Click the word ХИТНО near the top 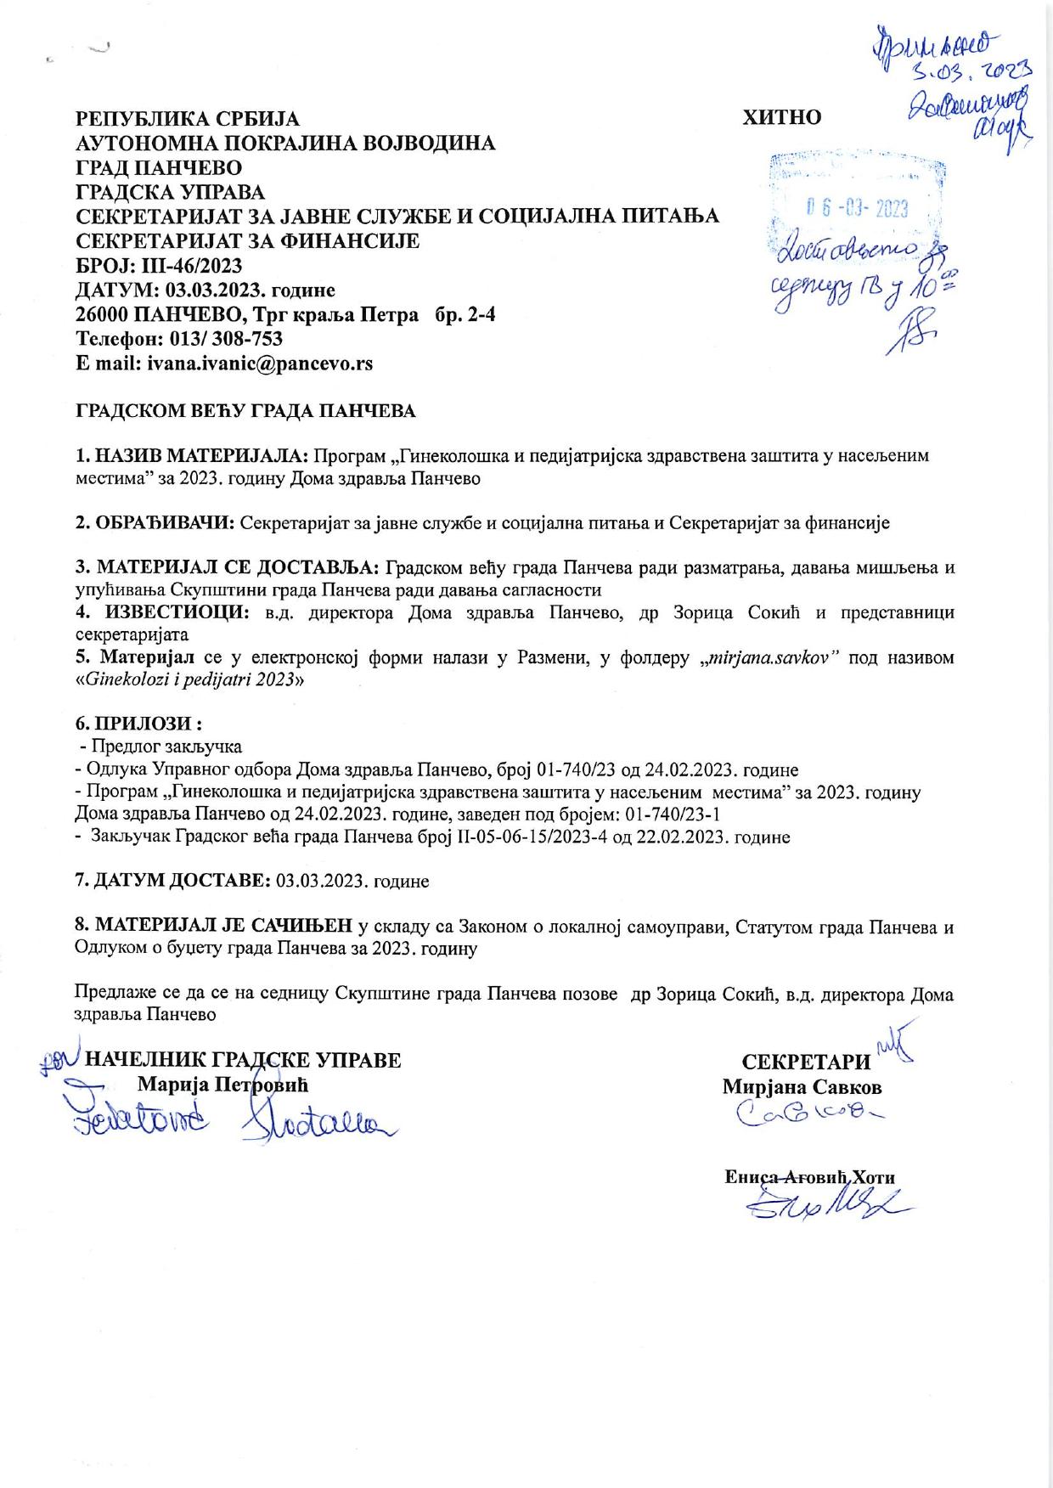tap(782, 117)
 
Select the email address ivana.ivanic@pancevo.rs tap(260, 364)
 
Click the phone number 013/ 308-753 tap(222, 339)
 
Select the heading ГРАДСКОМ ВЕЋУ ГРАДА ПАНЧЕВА tap(245, 411)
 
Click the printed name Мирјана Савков tap(802, 1087)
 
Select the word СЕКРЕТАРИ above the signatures tap(806, 1062)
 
